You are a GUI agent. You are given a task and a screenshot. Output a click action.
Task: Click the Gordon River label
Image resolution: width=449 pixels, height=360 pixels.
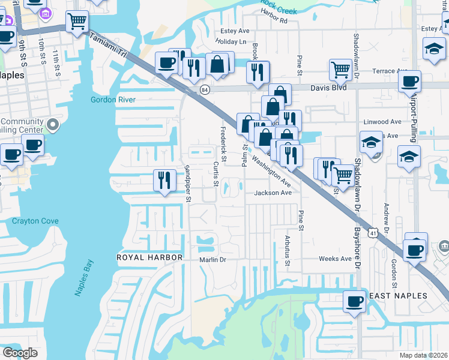click(x=113, y=100)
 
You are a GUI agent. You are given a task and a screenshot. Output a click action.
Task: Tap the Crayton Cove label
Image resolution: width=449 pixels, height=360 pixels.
click(x=35, y=221)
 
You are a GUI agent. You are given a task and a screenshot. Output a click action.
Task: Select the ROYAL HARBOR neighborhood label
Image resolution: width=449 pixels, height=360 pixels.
click(x=149, y=257)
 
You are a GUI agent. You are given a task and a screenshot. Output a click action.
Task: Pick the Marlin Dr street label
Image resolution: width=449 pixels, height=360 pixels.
click(x=212, y=260)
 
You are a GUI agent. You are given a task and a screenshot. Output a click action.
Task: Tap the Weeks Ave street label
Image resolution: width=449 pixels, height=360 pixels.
click(x=335, y=259)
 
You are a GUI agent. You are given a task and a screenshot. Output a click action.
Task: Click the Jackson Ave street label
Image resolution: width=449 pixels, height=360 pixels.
click(x=273, y=193)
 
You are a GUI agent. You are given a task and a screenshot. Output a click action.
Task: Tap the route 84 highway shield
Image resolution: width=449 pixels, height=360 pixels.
click(x=205, y=90)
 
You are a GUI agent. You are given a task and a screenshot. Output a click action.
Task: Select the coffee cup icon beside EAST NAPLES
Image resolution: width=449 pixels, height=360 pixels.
click(x=354, y=301)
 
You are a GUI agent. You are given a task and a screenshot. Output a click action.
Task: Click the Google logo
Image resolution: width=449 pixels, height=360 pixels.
click(x=20, y=352)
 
